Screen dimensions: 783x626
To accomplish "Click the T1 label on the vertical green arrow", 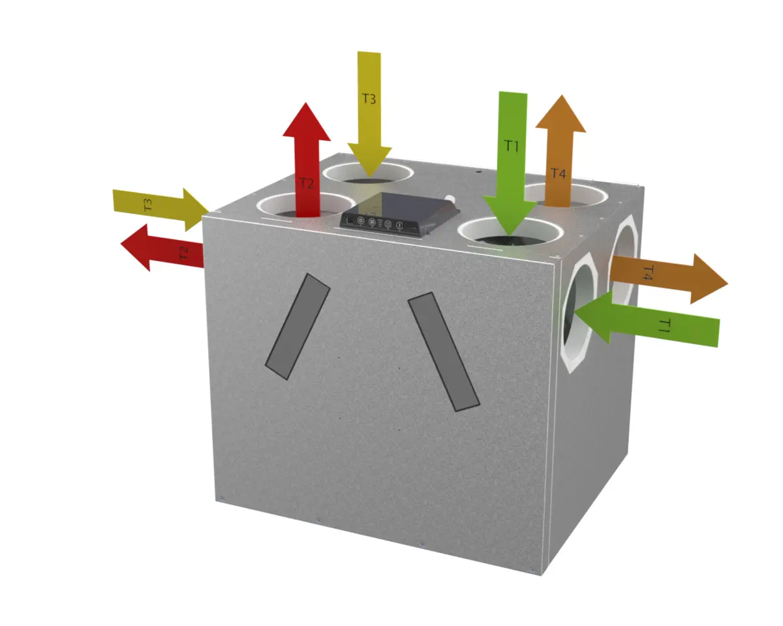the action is click(x=511, y=146).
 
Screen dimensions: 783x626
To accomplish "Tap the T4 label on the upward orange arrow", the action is click(x=558, y=173).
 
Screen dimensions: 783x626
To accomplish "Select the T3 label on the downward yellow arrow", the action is click(x=369, y=98).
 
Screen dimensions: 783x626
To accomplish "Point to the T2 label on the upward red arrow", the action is click(x=307, y=183).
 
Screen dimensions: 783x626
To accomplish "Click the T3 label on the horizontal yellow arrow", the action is click(x=147, y=205).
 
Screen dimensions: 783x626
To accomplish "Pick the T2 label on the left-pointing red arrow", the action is click(x=184, y=253).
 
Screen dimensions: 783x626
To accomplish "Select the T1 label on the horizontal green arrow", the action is click(x=664, y=325).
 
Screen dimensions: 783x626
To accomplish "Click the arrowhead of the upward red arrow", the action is click(x=307, y=122).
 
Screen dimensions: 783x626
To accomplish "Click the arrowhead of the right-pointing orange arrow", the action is click(x=709, y=279).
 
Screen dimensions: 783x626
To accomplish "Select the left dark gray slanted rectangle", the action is click(x=298, y=327).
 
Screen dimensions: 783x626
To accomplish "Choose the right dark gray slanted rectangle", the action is click(x=444, y=351).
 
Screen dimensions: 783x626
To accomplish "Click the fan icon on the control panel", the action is click(x=372, y=222).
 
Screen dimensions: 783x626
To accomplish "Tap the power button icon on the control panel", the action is click(x=399, y=226).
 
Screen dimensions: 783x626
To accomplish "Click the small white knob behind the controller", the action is click(x=450, y=199).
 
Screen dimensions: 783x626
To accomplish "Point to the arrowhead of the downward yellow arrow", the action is click(x=370, y=161).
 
